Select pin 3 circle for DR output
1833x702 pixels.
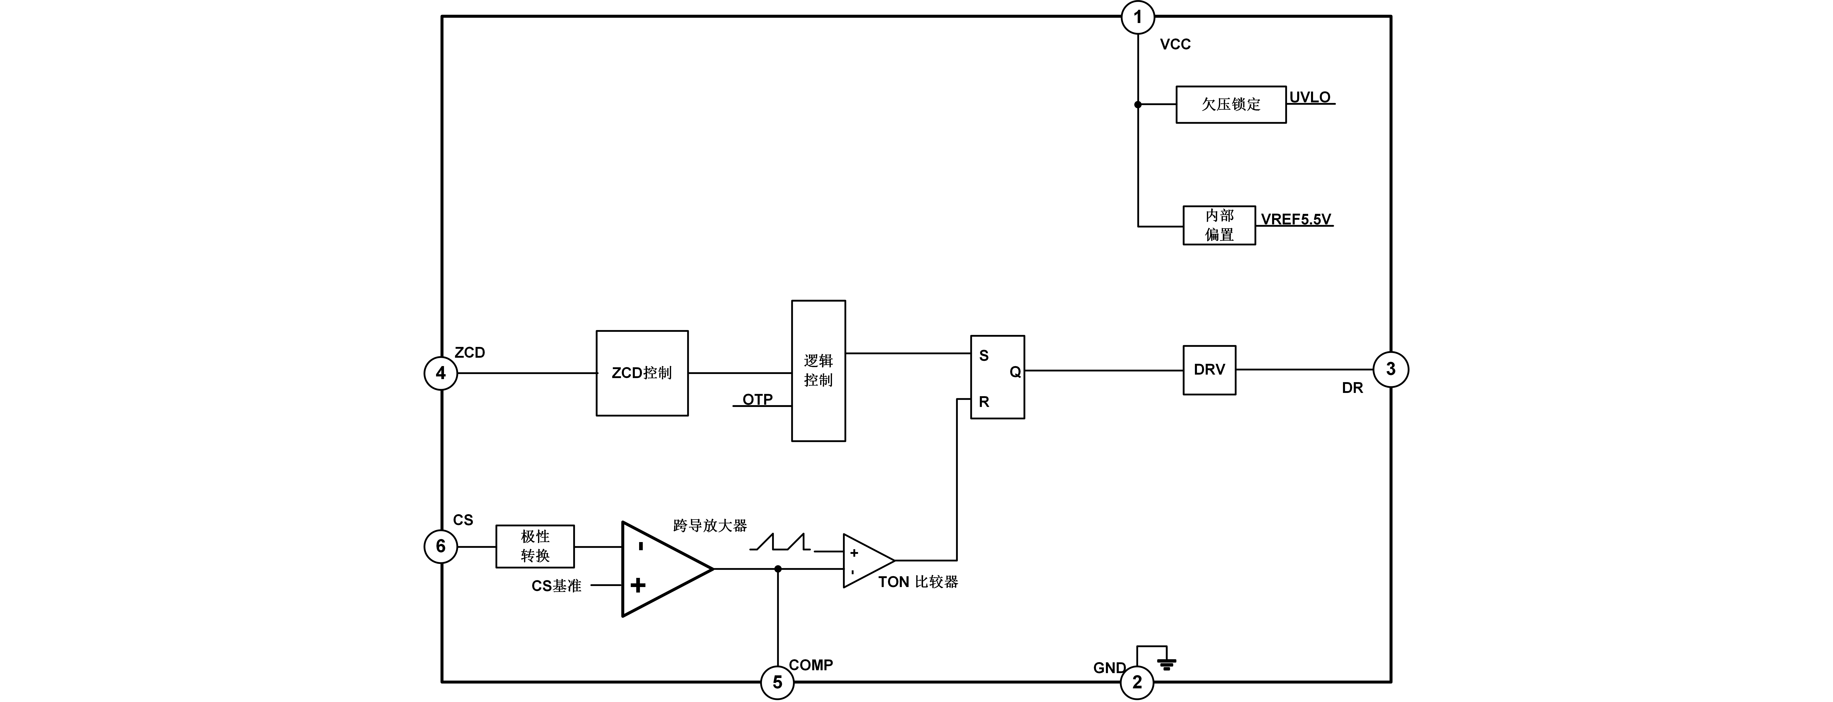(x=1390, y=369)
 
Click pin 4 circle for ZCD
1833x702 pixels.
(x=441, y=373)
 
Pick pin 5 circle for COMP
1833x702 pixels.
(x=777, y=682)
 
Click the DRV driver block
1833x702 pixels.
(x=1209, y=370)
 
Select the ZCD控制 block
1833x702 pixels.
(x=642, y=373)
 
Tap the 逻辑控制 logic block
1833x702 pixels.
(x=818, y=371)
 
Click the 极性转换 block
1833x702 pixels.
(x=534, y=546)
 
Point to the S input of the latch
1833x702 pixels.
(x=983, y=356)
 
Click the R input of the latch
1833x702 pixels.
(x=983, y=402)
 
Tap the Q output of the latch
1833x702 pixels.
(x=1015, y=372)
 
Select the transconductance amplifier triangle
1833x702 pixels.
(x=658, y=569)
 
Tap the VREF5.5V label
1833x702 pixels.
(x=1296, y=219)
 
